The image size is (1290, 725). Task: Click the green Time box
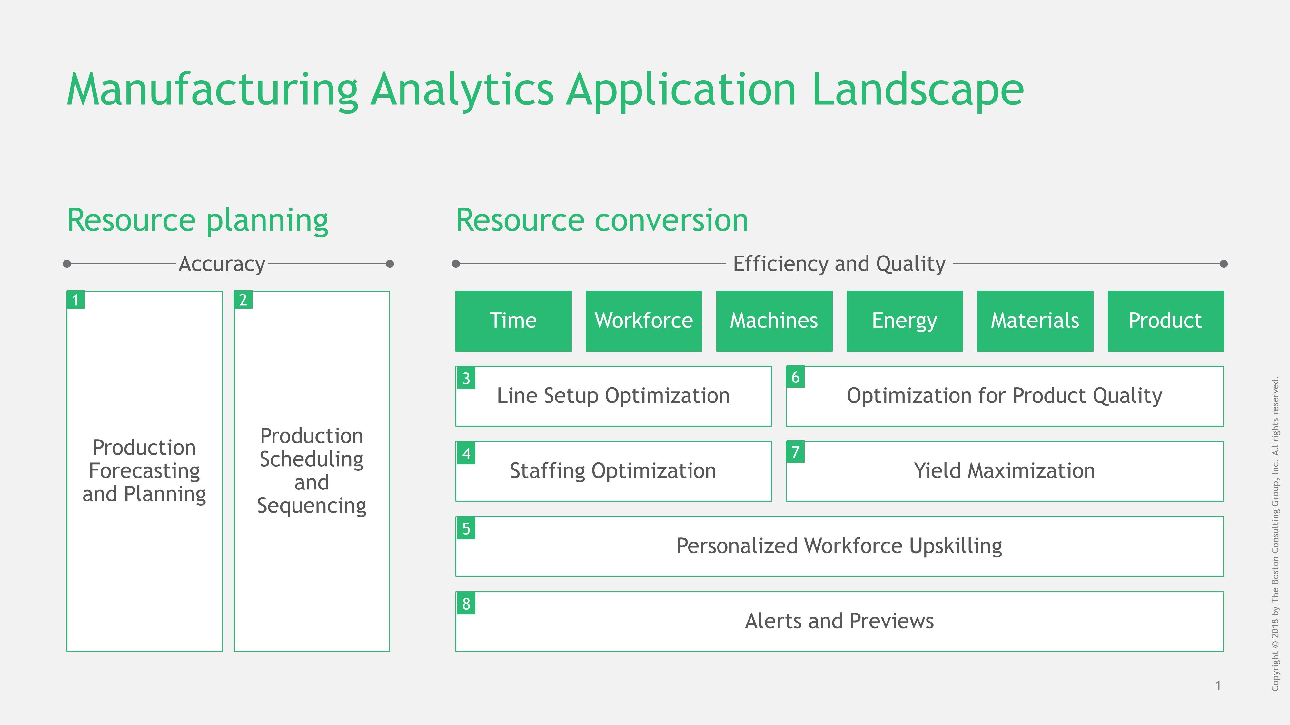(x=513, y=321)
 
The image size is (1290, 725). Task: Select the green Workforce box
(x=643, y=321)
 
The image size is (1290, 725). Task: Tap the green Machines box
(x=774, y=321)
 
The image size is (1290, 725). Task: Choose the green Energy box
(x=904, y=321)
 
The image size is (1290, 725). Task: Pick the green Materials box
(x=1035, y=321)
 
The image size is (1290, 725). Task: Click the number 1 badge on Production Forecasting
(x=75, y=300)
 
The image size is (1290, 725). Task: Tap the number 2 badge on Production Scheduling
(x=243, y=300)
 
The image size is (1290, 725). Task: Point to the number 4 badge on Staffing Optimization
(x=466, y=453)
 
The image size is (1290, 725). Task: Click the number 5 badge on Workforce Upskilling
(x=466, y=528)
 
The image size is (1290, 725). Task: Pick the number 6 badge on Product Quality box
(x=795, y=377)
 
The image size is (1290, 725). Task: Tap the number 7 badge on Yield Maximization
(x=795, y=452)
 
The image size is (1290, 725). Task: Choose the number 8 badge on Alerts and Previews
(x=466, y=604)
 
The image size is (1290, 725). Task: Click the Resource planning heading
(x=198, y=221)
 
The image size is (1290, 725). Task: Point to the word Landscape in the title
(x=918, y=90)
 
